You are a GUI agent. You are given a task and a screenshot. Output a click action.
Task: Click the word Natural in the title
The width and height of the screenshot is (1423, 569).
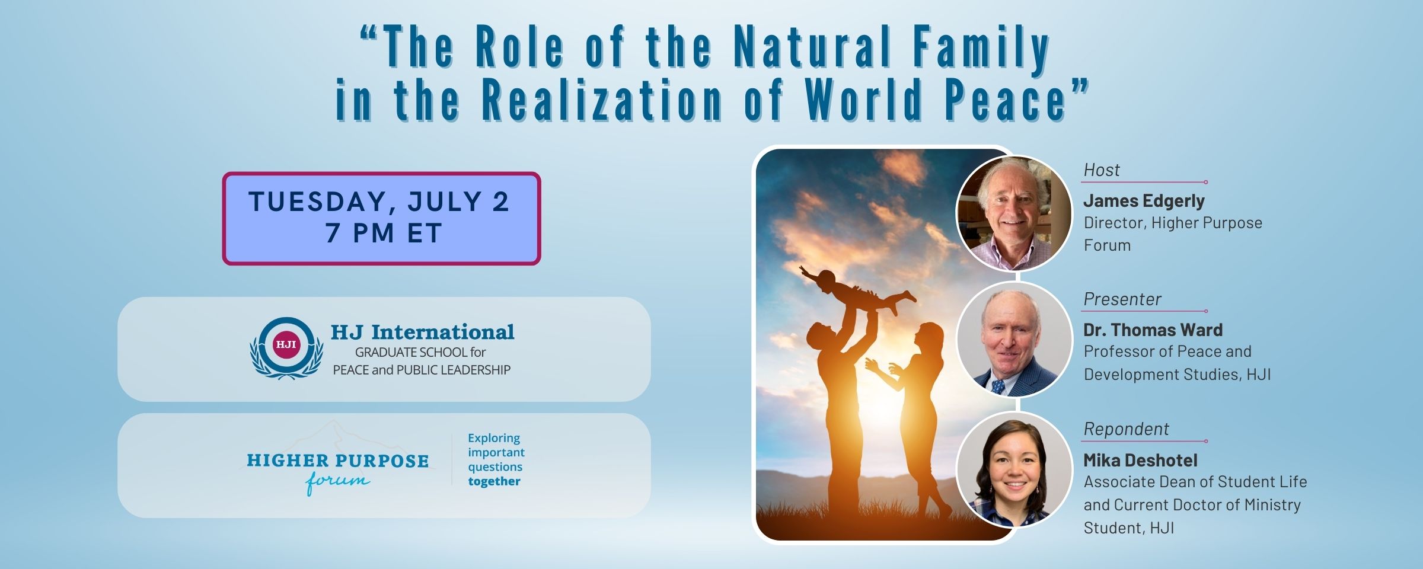(812, 47)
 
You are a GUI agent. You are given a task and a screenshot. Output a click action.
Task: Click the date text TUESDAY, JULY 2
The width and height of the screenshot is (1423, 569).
(379, 202)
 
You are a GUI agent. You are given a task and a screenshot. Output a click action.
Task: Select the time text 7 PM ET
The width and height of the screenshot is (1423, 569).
(383, 233)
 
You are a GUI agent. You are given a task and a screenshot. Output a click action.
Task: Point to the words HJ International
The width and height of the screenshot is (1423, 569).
(423, 332)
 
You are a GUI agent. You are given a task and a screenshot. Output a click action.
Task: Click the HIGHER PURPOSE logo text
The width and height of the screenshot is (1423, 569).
(337, 461)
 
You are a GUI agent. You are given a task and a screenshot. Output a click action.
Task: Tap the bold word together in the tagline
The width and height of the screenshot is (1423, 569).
(494, 481)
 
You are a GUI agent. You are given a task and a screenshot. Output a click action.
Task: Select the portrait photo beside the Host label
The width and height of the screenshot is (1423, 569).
(1014, 213)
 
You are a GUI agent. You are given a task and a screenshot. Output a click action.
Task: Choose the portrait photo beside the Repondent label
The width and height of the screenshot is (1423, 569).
(1014, 469)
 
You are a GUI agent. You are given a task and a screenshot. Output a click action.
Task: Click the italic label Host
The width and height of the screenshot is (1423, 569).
(1102, 170)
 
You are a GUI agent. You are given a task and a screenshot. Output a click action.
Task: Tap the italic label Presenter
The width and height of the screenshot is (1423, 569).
(1122, 299)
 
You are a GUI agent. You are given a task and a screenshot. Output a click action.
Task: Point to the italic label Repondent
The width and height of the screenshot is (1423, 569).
(1127, 429)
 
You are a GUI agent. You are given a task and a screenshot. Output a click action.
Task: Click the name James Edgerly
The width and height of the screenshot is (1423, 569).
(1144, 201)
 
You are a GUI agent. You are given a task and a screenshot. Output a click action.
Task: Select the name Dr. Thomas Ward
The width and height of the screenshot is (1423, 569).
(1153, 330)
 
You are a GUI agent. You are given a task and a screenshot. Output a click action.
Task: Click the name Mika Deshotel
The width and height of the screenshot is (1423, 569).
(1141, 460)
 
